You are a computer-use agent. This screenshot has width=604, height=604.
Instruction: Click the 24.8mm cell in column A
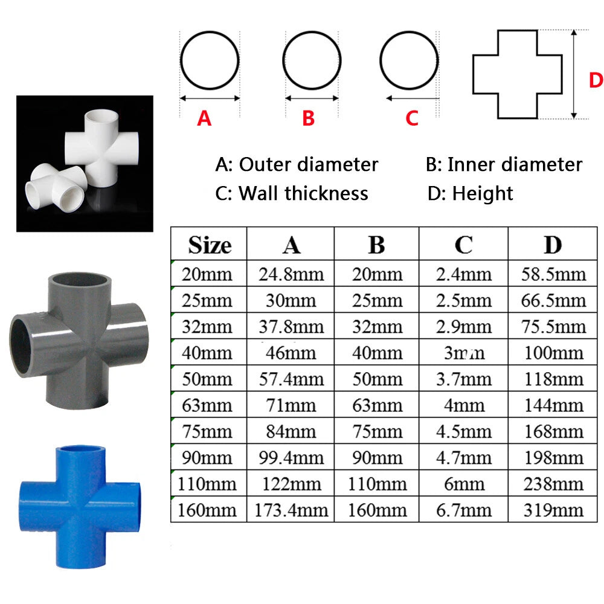(x=291, y=274)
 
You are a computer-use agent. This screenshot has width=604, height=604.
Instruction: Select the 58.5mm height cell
(x=553, y=274)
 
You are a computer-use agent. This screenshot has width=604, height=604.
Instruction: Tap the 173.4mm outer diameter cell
(x=291, y=510)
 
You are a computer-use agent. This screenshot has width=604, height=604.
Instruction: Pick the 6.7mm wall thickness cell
(x=464, y=510)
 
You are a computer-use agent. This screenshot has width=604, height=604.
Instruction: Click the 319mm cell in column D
(x=553, y=510)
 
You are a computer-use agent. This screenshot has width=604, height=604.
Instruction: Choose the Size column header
(x=210, y=245)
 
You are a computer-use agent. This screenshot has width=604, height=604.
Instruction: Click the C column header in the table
(x=463, y=245)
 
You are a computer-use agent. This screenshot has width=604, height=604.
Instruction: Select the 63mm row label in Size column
(x=207, y=405)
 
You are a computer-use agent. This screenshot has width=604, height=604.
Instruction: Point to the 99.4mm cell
(x=291, y=458)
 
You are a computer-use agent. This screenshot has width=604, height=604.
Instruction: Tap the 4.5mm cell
(x=464, y=431)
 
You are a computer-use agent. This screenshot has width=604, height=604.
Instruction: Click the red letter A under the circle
(x=204, y=118)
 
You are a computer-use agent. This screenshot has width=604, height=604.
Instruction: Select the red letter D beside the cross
(x=596, y=80)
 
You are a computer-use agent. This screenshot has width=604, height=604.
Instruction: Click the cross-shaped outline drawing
(x=498, y=74)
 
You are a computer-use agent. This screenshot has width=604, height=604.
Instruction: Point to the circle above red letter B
(x=312, y=32)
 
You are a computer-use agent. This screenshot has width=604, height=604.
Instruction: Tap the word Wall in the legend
(x=259, y=193)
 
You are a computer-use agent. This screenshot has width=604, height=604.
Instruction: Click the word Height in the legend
(x=483, y=193)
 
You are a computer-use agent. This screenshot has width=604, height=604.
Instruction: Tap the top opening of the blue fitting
(x=80, y=449)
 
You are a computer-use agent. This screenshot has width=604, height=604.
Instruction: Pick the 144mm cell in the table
(x=553, y=405)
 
